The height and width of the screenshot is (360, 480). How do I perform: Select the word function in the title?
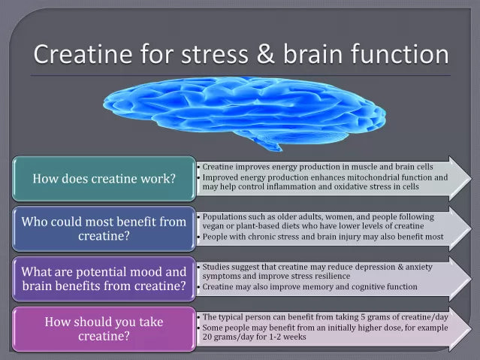click(x=400, y=55)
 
